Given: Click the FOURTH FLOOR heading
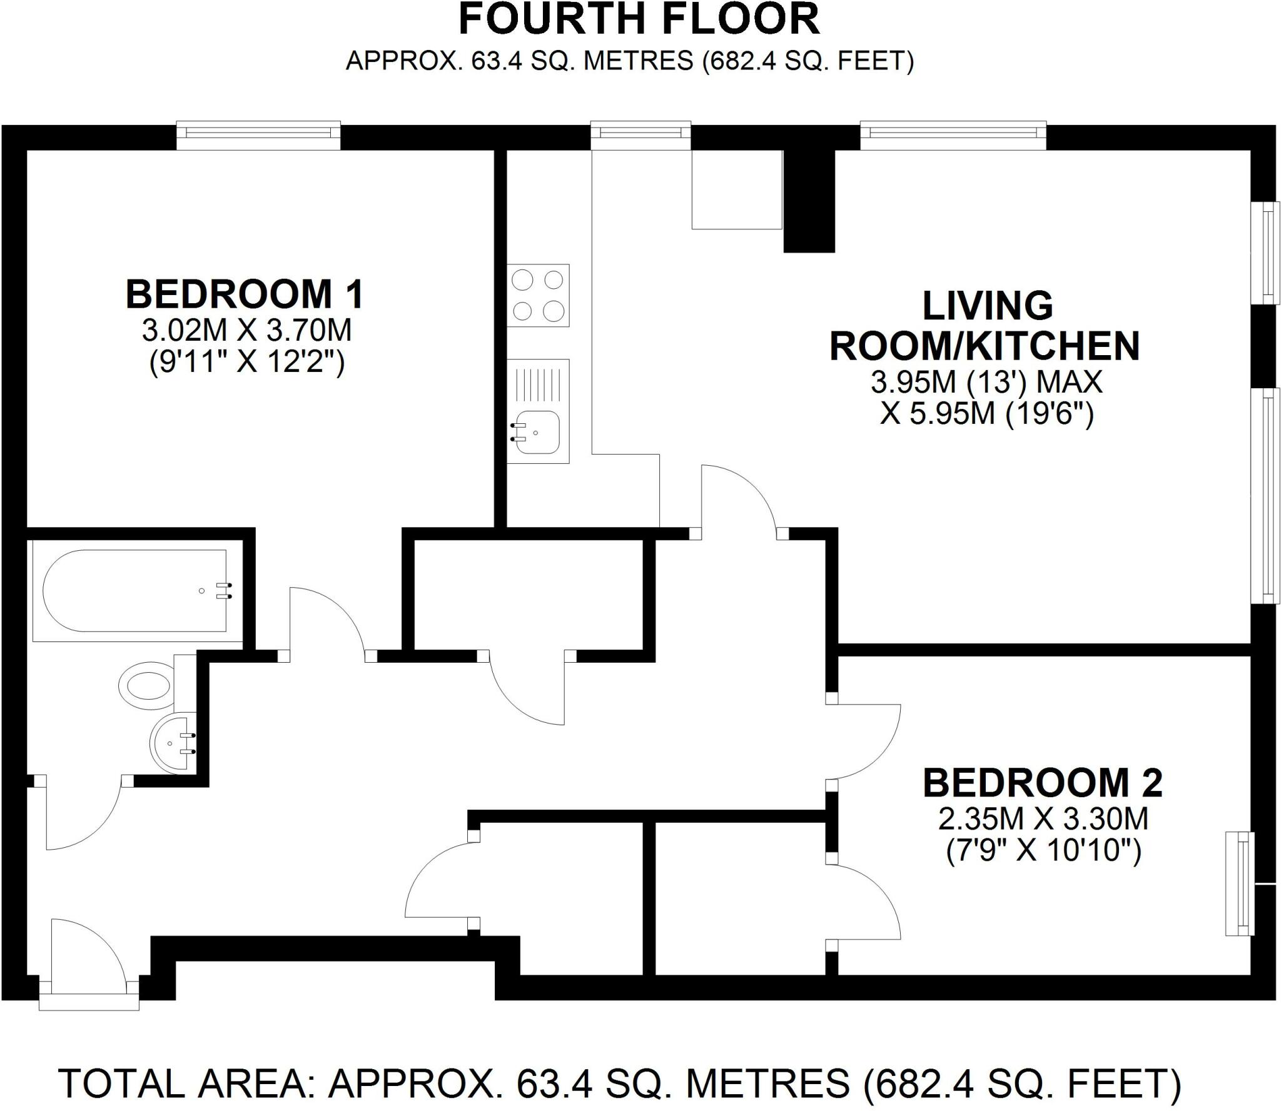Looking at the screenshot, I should pyautogui.click(x=639, y=20).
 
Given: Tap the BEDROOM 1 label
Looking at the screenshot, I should pyautogui.click(x=245, y=294).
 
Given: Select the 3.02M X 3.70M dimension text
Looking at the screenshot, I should pyautogui.click(x=246, y=330).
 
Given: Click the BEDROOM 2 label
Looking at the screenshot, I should pyautogui.click(x=1043, y=783).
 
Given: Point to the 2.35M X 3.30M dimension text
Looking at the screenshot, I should pyautogui.click(x=1043, y=819).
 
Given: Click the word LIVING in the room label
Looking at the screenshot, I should pyautogui.click(x=988, y=306).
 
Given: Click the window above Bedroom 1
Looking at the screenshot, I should pyautogui.click(x=258, y=135).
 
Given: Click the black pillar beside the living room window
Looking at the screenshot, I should pyautogui.click(x=809, y=200).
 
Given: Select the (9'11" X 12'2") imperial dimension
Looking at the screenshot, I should pyautogui.click(x=246, y=363).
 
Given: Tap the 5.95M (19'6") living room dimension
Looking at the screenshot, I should pyautogui.click(x=986, y=414).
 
